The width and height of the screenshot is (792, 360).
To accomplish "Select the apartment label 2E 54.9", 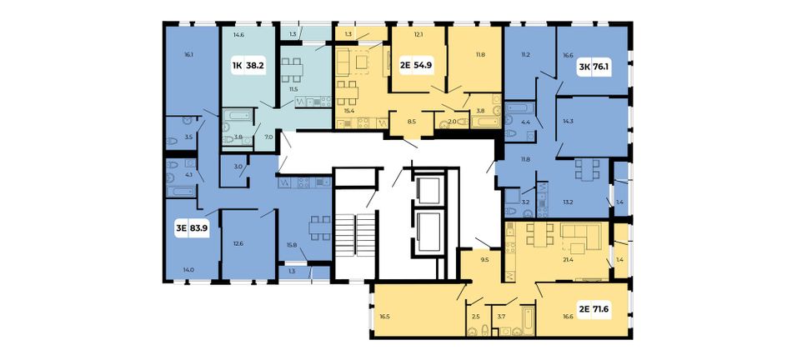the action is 417,65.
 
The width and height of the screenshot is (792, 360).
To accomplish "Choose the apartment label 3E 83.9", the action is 192,227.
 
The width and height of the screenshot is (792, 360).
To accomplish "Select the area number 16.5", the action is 385,317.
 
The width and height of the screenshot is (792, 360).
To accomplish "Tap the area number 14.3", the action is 569,121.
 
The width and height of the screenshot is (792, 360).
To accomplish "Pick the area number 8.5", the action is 411,121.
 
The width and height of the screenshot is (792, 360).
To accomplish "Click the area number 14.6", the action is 239,35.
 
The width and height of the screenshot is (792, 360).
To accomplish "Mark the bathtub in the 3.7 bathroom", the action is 528,319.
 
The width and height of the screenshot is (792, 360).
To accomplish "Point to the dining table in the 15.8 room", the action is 320,227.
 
